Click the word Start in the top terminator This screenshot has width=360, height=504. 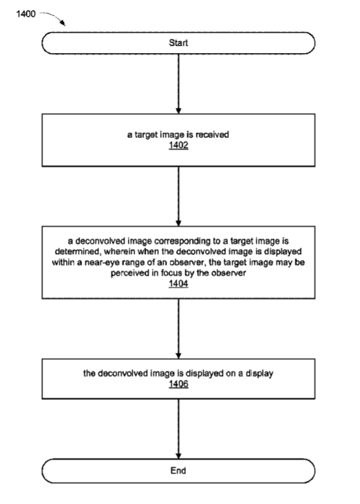point(178,43)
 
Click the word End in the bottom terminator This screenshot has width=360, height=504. point(178,471)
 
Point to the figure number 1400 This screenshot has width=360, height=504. point(26,14)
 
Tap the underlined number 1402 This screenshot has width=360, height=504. point(178,146)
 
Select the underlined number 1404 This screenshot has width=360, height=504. point(178,284)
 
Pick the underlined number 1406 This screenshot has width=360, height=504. point(178,384)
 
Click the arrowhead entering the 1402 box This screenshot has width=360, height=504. point(178,110)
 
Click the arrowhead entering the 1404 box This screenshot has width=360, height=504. point(178,223)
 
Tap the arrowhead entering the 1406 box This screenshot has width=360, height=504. point(178,356)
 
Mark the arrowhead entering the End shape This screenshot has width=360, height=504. point(178,456)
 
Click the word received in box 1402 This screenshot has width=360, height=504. point(212,134)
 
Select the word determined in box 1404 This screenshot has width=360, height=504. point(77,251)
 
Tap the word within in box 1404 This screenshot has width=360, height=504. point(63,262)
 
